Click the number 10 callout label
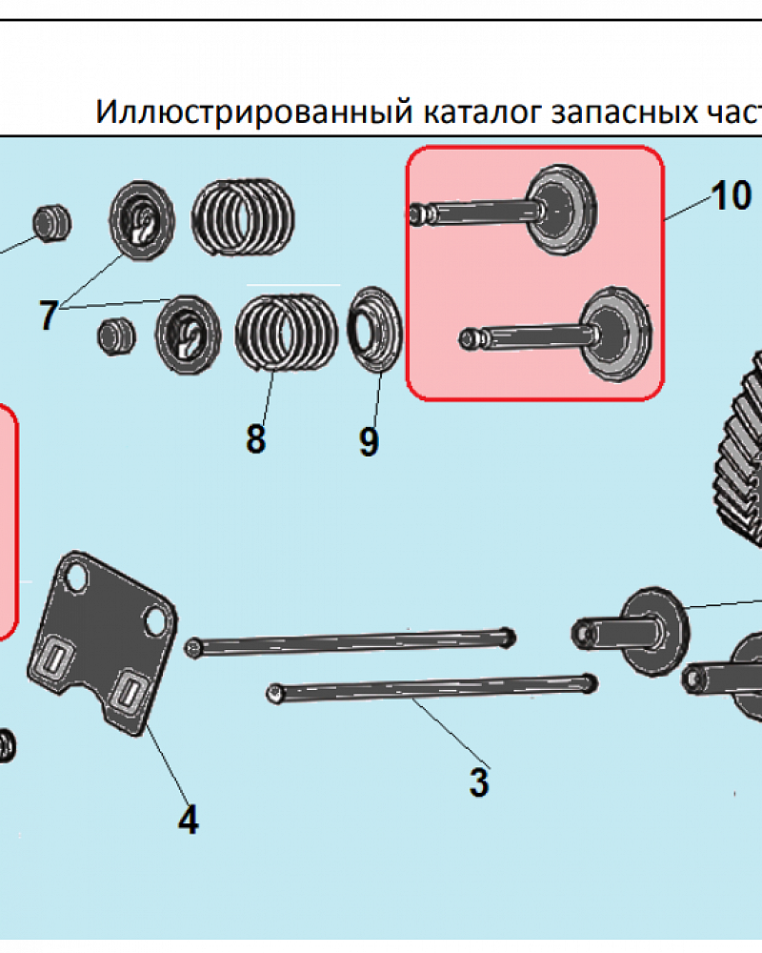(x=731, y=195)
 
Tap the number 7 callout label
(x=49, y=314)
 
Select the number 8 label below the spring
(x=255, y=439)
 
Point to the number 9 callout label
(x=369, y=440)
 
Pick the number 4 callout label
(x=189, y=820)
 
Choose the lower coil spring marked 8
(x=285, y=331)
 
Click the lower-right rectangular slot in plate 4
(x=125, y=692)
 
